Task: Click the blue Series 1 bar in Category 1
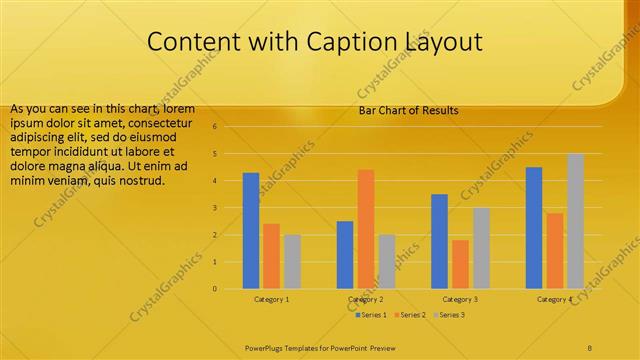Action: coord(251,231)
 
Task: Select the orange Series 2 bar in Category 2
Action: coord(366,229)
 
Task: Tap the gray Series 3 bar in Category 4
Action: coord(575,221)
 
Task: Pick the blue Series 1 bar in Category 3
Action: coord(440,241)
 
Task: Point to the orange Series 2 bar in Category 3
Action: coord(460,264)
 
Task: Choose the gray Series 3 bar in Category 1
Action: coord(292,262)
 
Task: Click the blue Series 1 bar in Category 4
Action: coord(534,228)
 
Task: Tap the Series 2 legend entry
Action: coord(411,315)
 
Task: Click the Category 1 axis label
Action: coord(271,299)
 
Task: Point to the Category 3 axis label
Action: coord(460,299)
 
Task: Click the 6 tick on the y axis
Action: coord(214,127)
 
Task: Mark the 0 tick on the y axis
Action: coord(214,289)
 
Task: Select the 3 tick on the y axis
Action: coord(214,208)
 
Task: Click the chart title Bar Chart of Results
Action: coord(408,110)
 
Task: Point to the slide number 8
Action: coord(589,347)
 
